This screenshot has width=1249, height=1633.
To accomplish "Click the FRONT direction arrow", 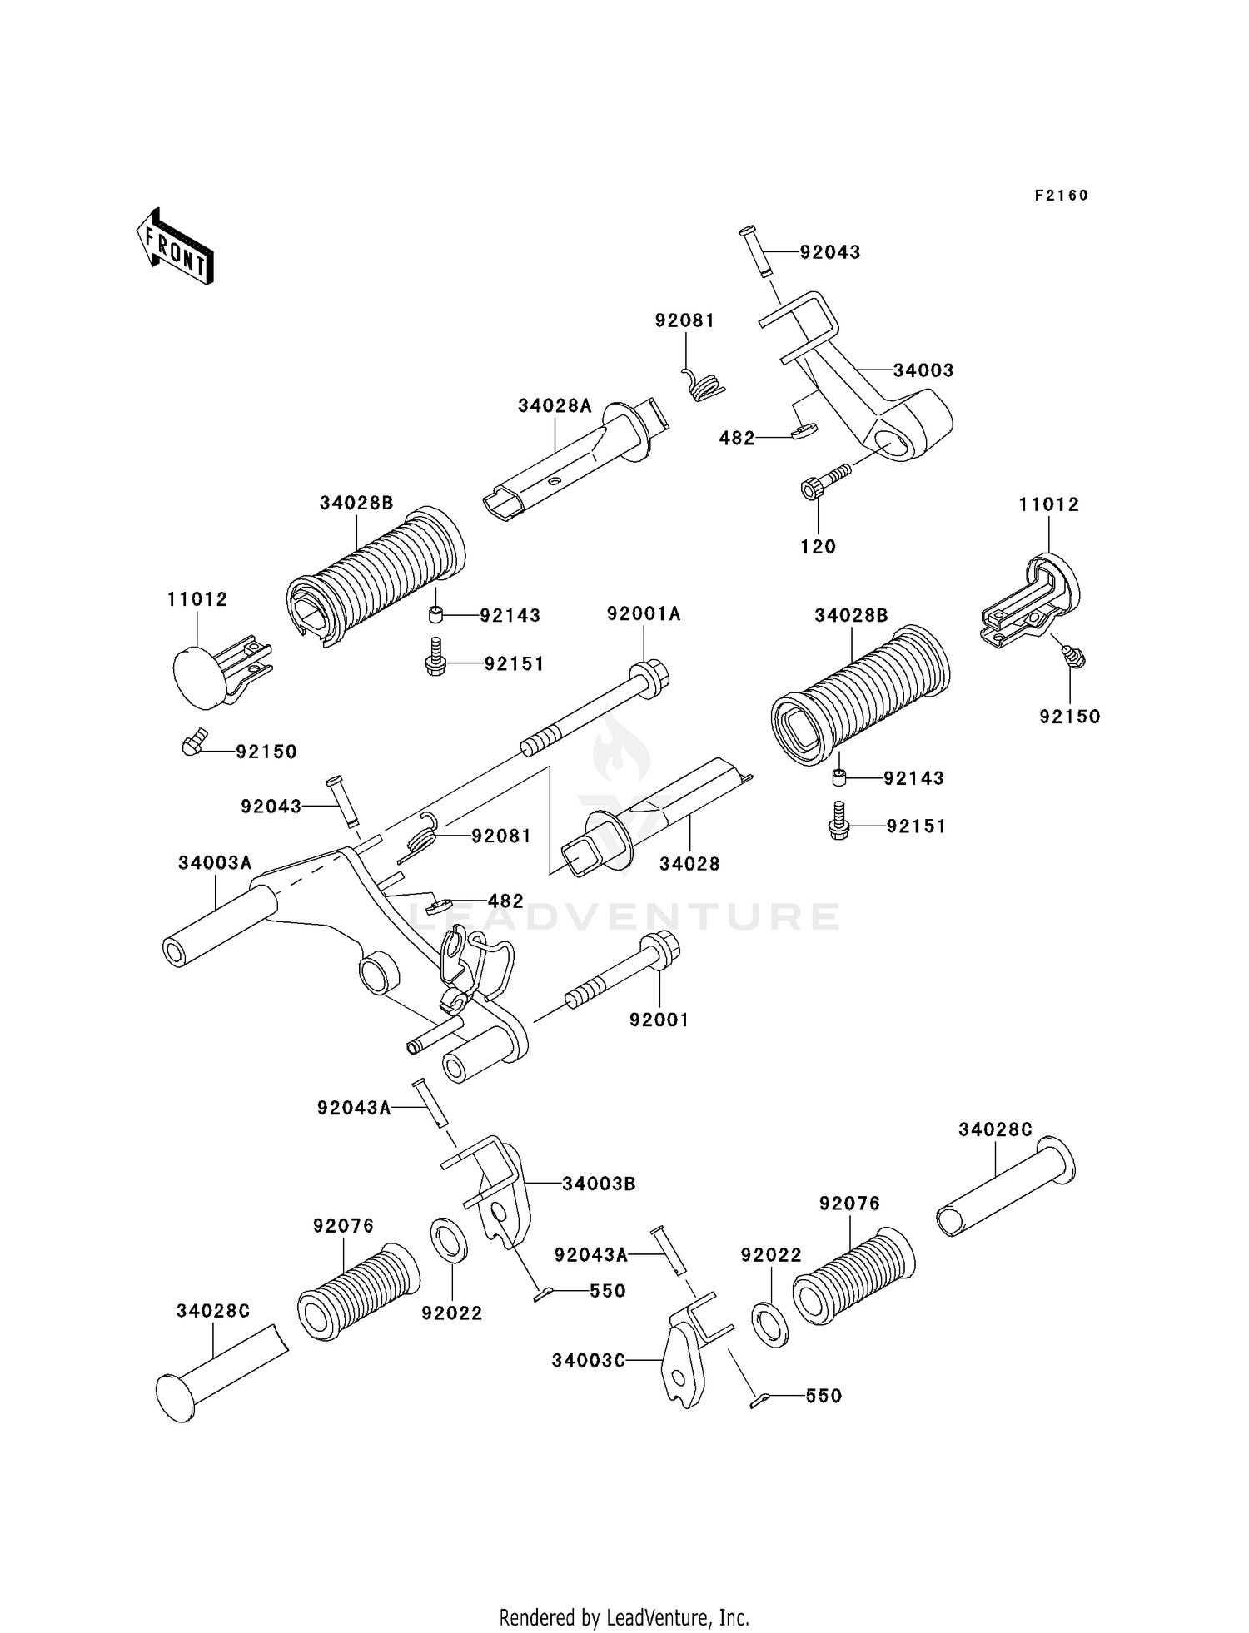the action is (175, 246).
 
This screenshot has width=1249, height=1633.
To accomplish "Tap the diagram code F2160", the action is (1062, 196).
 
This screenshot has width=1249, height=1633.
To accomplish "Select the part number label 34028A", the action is (555, 405).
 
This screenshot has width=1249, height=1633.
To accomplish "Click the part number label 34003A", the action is (215, 863).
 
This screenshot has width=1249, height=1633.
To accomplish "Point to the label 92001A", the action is (644, 614).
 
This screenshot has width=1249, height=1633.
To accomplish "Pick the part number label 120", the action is (818, 546).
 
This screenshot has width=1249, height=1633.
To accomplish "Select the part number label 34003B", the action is (599, 1184).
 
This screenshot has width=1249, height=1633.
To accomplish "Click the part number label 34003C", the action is (588, 1360).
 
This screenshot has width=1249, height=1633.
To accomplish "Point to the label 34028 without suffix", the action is (689, 864).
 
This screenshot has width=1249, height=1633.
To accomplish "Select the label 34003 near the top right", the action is (923, 370).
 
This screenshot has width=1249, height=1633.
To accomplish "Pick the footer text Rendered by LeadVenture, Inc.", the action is (624, 1617).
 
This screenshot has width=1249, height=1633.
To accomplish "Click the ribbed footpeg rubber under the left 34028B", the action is (376, 576).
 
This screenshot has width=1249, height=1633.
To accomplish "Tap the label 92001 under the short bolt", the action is (659, 1020).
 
